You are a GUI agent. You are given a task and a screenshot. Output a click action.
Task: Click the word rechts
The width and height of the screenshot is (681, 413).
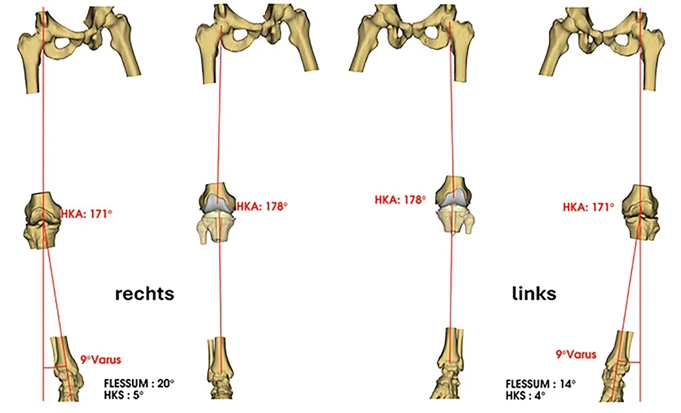coord(144,294)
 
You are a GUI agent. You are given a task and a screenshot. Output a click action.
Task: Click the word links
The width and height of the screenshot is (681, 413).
coord(534,294)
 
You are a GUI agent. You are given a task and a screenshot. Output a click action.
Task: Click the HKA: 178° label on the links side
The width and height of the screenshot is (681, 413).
coord(400,200)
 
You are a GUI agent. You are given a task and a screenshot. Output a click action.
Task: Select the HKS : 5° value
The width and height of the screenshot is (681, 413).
coord(125,395)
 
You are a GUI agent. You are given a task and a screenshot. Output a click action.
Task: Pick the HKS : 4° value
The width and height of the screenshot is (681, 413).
coord(526,395)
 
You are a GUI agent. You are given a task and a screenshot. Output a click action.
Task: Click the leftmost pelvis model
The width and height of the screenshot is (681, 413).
coord(78,45)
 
